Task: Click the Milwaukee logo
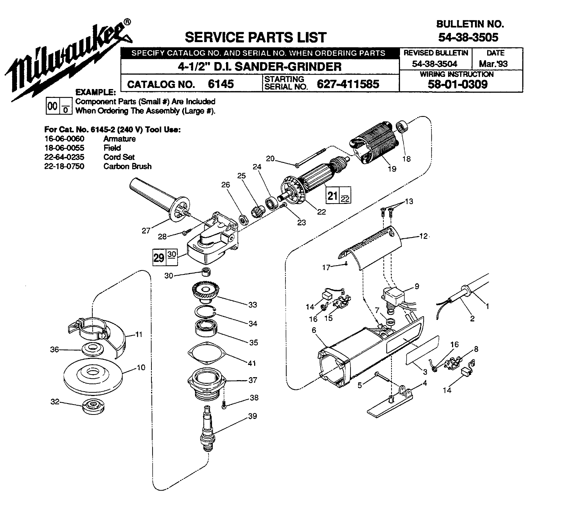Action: coord(68,61)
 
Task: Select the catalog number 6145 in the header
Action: coord(221,84)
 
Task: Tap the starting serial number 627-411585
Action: coord(348,84)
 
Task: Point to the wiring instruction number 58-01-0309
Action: coord(458,84)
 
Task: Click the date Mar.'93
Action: coord(493,64)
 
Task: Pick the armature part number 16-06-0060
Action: coord(64,139)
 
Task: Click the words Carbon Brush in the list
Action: coord(127,166)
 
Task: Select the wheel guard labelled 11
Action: coord(100,332)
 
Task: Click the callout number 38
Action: coord(254,398)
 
